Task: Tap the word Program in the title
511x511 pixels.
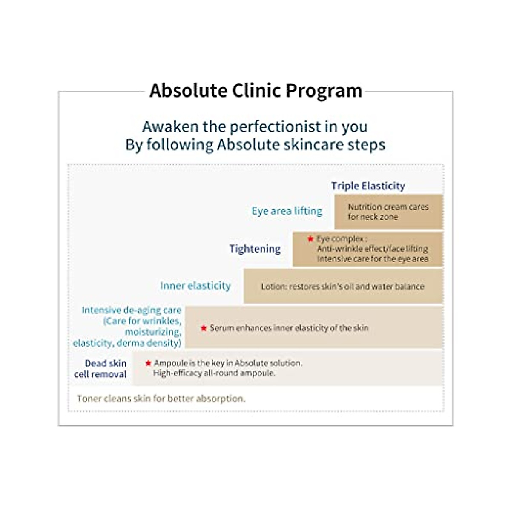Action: click(324, 91)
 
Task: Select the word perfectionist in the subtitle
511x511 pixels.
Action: click(276, 126)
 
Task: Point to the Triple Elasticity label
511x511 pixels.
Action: click(368, 186)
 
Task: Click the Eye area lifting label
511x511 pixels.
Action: click(287, 211)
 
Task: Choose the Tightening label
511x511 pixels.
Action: click(255, 249)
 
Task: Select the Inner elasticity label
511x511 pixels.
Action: click(195, 286)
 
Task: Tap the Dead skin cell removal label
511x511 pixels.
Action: click(101, 369)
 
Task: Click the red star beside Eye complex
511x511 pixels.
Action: click(310, 239)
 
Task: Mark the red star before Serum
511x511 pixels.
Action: click(204, 328)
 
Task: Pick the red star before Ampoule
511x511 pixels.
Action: click(148, 363)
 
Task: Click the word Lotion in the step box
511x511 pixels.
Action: click(273, 287)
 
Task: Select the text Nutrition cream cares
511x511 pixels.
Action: click(388, 207)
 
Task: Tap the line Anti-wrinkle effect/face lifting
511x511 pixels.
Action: click(372, 249)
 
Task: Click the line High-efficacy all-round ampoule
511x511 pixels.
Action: click(214, 373)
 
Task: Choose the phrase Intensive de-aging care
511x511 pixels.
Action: click(132, 310)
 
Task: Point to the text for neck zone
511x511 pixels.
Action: click(373, 217)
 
